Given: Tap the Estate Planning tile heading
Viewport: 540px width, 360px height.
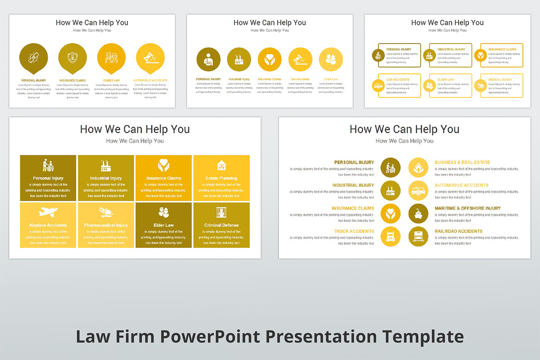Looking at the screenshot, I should coord(221,178).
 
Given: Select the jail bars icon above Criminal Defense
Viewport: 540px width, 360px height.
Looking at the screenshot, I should coord(221,212).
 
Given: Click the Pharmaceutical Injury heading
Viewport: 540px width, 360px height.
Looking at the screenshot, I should coord(106,225).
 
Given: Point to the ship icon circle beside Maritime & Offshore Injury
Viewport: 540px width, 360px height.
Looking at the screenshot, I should coord(418,213).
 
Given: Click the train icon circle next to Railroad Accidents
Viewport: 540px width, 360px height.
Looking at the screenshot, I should coord(418,236).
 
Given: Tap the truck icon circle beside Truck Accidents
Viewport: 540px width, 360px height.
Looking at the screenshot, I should coord(390,236).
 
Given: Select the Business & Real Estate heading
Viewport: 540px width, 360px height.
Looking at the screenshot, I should coord(462,162).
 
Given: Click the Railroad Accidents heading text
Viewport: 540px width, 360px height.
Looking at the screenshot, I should coord(458,231).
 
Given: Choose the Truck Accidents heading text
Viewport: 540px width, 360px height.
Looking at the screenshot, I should coord(354,231).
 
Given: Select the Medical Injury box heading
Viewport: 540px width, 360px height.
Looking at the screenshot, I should coord(499,80).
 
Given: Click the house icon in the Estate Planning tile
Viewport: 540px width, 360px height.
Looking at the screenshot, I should coord(221,165).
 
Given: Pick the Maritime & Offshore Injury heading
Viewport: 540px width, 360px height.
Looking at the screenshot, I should coord(468,208).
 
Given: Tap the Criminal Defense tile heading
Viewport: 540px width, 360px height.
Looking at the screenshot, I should coord(221,225).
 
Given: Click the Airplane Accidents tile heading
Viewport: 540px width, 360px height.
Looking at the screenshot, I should coord(48,225).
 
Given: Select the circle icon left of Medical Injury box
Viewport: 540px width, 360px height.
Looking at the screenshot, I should coord(481,85).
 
